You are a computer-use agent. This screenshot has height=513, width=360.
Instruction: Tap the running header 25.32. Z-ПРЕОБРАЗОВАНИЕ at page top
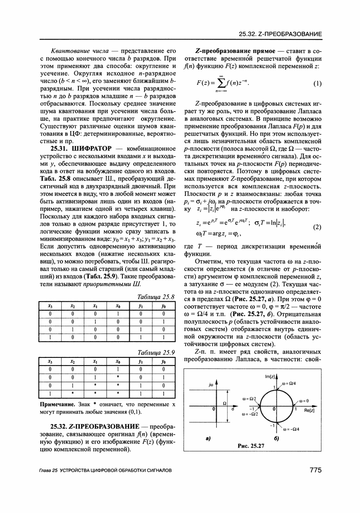coord(280,34)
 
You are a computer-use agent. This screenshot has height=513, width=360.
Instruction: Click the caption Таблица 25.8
coord(156,297)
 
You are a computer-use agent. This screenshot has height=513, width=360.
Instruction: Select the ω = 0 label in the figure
coord(301,401)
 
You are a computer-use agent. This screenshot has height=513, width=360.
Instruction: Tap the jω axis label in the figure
coord(211,385)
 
